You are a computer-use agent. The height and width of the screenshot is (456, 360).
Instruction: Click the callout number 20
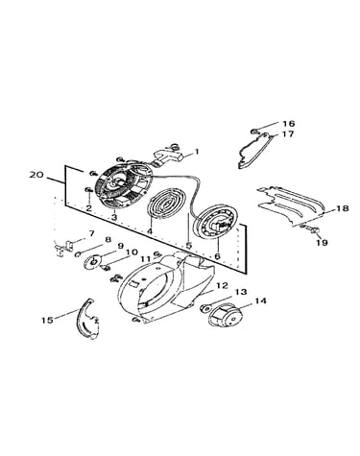(x=36, y=175)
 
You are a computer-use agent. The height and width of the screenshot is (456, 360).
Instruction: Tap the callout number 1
(x=197, y=151)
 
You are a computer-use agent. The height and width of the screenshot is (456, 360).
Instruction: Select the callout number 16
(x=288, y=124)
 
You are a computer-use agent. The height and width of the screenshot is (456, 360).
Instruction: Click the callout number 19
(x=322, y=243)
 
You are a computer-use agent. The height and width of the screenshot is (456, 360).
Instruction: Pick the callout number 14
(x=260, y=300)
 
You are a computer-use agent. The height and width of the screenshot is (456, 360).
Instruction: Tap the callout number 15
(x=48, y=320)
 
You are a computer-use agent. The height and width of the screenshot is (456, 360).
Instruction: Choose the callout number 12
(x=222, y=285)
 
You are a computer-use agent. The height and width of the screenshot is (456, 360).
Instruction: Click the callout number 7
(x=91, y=233)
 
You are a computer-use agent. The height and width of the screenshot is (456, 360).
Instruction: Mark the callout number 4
(x=150, y=230)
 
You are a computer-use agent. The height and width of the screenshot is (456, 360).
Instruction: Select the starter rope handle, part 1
(x=168, y=158)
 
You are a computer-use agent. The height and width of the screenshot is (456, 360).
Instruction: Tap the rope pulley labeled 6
(x=218, y=221)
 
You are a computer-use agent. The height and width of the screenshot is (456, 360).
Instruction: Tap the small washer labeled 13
(x=204, y=308)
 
